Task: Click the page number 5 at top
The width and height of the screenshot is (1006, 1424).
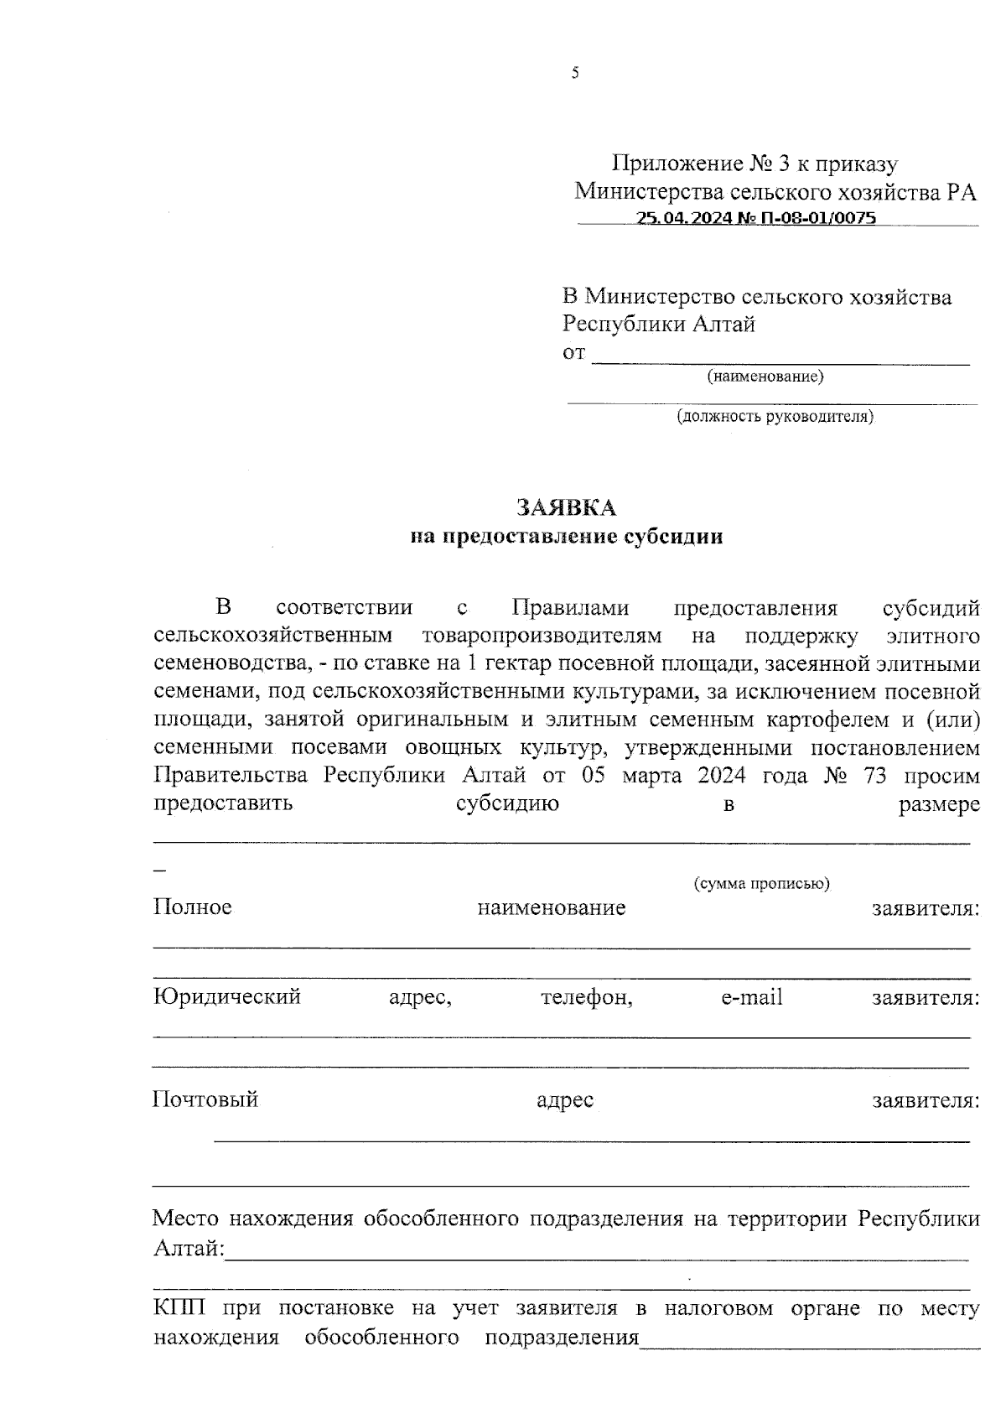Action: point(575,74)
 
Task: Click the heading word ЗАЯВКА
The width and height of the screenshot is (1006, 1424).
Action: point(566,508)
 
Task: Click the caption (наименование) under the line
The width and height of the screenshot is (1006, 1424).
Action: point(765,377)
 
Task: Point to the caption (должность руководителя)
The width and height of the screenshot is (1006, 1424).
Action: point(775,416)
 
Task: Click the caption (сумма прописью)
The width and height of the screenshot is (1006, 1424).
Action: point(761,884)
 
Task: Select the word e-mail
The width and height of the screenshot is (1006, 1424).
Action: point(751,997)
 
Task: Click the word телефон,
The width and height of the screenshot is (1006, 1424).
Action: point(586,997)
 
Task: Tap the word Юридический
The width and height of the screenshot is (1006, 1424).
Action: point(226,997)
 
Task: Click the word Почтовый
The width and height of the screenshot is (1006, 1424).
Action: point(205,1099)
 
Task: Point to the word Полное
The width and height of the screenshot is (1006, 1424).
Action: point(192,907)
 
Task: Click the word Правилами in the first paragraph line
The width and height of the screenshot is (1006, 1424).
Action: point(570,608)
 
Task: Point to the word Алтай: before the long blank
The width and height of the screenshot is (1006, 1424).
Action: point(189,1249)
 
